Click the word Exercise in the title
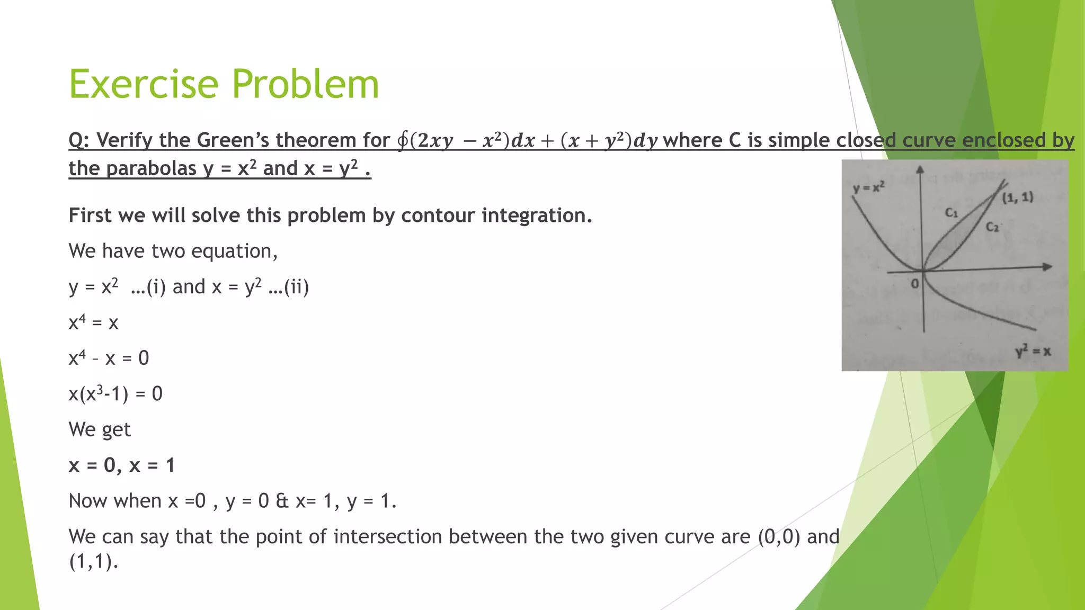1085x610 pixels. tap(144, 84)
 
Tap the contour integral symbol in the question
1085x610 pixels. tap(403, 140)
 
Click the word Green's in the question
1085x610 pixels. tap(233, 140)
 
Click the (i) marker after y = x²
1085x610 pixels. tap(156, 287)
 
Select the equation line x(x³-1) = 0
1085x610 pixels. tap(115, 394)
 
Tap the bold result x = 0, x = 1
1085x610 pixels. tap(122, 465)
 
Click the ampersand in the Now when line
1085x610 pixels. tap(282, 501)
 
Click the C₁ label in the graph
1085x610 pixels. tap(952, 213)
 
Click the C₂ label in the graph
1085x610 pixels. tap(992, 227)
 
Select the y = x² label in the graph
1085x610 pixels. tap(869, 187)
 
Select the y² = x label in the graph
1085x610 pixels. tap(1033, 351)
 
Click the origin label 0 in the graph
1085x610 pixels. tap(915, 284)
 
